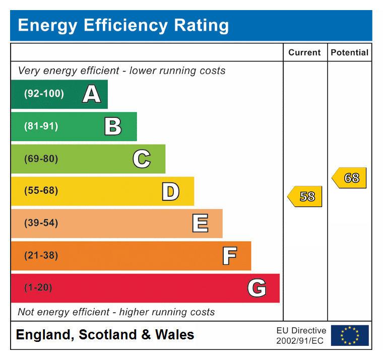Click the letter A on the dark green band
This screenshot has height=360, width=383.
[x=91, y=94]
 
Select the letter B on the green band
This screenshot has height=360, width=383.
[x=113, y=126]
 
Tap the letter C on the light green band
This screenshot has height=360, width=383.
[x=142, y=159]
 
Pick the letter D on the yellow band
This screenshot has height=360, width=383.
[x=170, y=191]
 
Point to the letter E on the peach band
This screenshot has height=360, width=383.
[x=200, y=224]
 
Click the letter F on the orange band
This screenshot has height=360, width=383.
[x=229, y=256]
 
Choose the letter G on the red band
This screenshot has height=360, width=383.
[x=257, y=288]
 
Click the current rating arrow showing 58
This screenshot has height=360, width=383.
[x=305, y=196]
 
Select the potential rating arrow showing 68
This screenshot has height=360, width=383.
[x=349, y=178]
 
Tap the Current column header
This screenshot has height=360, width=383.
[x=304, y=52]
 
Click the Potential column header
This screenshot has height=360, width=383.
[x=349, y=52]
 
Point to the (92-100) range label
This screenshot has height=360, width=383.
[x=44, y=94]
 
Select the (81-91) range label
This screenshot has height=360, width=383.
[x=41, y=126]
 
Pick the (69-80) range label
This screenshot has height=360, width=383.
[x=41, y=159]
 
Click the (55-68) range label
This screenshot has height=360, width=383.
[x=41, y=191]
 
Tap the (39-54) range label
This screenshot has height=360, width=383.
[x=41, y=224]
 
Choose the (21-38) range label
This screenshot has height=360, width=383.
[x=41, y=256]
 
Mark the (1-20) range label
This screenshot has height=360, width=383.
[x=38, y=288]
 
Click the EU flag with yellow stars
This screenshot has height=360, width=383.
[x=350, y=335]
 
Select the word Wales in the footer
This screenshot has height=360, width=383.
[x=174, y=335]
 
